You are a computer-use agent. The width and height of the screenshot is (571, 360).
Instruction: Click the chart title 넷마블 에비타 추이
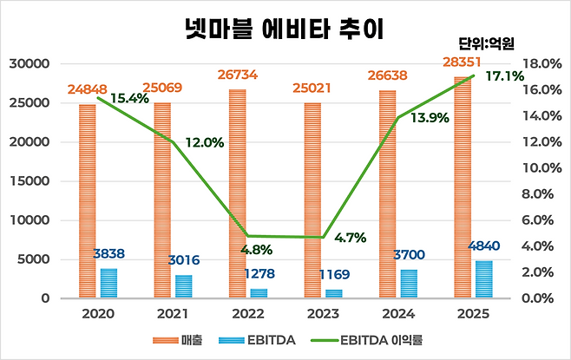[285, 29]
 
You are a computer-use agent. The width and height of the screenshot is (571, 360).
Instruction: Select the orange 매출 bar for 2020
[88, 201]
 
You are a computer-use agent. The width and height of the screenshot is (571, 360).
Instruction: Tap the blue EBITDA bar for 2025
[484, 279]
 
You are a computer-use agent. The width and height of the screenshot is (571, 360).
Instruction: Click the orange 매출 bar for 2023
[312, 200]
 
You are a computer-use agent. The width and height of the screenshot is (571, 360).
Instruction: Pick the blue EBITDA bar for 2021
[184, 287]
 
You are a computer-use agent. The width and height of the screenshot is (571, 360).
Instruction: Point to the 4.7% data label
[351, 238]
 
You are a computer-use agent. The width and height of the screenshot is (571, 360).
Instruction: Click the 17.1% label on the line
[505, 76]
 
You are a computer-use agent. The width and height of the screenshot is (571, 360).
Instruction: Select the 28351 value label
[462, 62]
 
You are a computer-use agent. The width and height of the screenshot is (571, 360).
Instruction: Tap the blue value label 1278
[259, 273]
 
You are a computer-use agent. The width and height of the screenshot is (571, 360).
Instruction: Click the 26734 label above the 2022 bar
[238, 75]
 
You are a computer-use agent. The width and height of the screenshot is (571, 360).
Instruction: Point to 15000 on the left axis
[30, 181]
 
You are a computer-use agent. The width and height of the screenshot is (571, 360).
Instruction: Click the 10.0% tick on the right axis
[542, 167]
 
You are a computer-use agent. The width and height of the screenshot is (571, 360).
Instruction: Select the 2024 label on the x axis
[398, 314]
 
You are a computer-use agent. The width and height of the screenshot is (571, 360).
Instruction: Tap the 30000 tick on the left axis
[30, 63]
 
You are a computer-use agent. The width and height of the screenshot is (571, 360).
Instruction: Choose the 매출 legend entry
[177, 340]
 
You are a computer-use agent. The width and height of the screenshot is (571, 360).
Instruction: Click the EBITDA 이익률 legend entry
[367, 340]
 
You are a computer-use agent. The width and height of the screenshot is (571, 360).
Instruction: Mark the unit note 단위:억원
[487, 43]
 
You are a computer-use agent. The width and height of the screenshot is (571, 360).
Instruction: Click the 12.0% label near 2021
[205, 142]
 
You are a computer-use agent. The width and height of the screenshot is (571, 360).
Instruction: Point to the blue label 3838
[108, 253]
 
